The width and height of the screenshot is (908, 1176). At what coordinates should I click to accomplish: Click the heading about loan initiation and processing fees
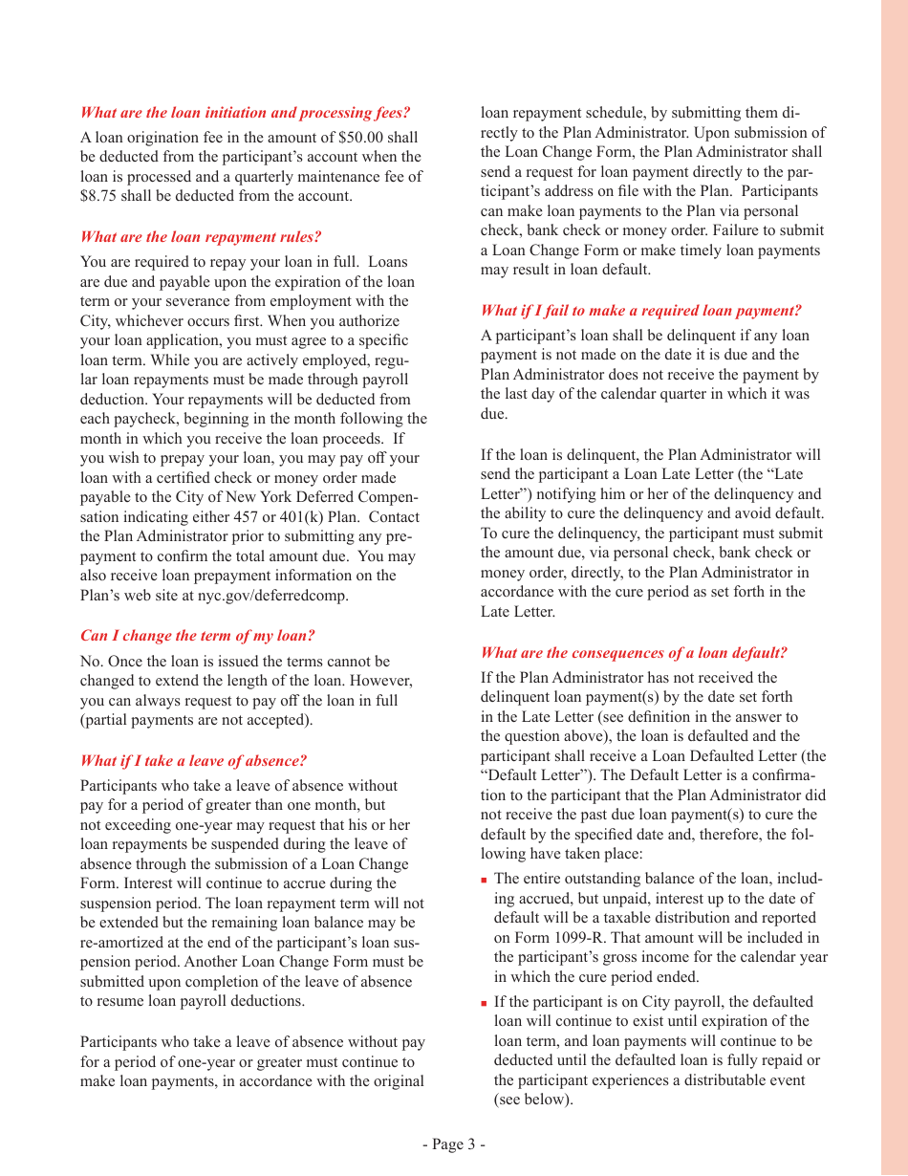(245, 113)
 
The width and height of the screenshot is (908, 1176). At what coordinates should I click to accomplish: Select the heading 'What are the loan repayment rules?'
(201, 237)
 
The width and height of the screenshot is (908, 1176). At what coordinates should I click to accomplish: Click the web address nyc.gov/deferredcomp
(273, 595)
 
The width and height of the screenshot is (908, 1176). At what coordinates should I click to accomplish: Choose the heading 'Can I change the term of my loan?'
(197, 636)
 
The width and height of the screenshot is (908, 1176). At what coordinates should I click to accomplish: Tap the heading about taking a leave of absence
(193, 761)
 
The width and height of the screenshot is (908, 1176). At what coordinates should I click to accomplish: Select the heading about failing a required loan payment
(640, 311)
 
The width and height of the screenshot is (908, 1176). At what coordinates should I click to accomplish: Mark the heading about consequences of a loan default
(634, 653)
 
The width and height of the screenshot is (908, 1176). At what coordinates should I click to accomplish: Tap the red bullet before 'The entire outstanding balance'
(485, 880)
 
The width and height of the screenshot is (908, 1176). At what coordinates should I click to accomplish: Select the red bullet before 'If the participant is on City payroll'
(485, 1003)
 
